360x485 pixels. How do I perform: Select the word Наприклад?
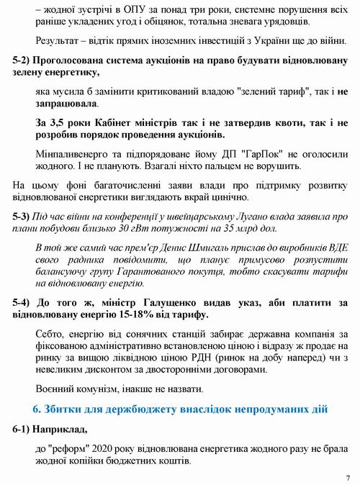[59, 430]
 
